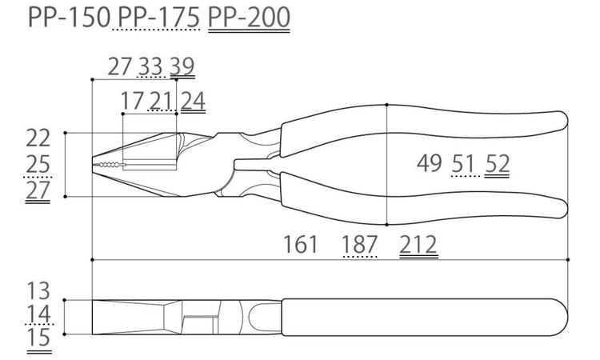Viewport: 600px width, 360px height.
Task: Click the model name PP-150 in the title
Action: tap(70, 18)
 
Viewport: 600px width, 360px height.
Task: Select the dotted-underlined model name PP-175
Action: tap(158, 18)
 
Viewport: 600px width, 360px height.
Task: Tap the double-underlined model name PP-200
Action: tap(249, 18)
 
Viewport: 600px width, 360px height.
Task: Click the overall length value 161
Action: tap(300, 245)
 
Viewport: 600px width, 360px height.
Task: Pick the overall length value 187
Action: tap(360, 245)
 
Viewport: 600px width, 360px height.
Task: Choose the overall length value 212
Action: tap(418, 245)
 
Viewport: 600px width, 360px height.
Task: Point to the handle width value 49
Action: tap(430, 163)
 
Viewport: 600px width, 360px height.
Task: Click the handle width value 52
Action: tap(497, 163)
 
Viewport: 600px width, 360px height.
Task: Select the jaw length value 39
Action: tap(182, 66)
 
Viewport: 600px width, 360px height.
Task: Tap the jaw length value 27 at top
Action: tap(120, 66)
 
